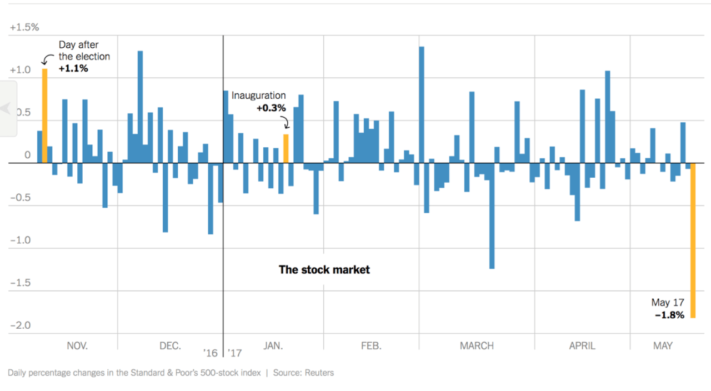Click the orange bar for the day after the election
click(45, 116)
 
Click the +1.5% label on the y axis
click(24, 27)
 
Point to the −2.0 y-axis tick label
click(20, 325)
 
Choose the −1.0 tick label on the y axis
click(20, 240)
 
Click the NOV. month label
click(77, 345)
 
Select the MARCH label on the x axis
click(477, 345)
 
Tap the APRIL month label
click(582, 345)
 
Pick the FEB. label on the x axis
click(371, 345)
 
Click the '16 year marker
click(211, 353)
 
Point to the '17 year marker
click(235, 353)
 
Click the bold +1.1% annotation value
click(73, 68)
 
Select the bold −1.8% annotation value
click(669, 315)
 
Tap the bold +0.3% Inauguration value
click(271, 108)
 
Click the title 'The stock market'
click(324, 270)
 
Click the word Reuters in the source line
click(319, 373)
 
